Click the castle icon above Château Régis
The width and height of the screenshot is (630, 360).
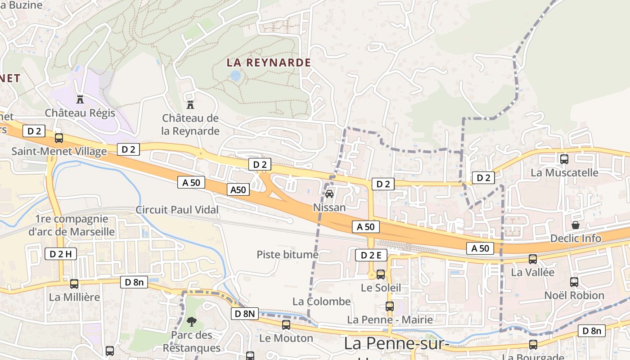[x=80, y=99]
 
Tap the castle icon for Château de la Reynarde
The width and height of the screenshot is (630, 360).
[x=190, y=104]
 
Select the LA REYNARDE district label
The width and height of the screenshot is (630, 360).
[x=269, y=63]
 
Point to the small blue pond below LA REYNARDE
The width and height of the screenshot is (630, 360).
[x=235, y=76]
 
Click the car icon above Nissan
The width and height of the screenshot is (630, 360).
[x=329, y=194]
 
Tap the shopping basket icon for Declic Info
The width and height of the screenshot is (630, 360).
[x=575, y=225]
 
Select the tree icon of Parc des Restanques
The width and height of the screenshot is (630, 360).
[x=191, y=321]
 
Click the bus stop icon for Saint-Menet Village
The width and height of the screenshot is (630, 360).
[x=59, y=138]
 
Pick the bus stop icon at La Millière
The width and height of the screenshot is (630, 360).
[x=74, y=284]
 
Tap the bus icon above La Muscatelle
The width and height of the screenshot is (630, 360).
[x=564, y=159]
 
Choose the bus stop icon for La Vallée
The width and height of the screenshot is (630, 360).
[x=533, y=259]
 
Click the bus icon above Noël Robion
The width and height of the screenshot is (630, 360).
[x=574, y=282]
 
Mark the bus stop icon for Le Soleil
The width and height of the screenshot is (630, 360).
[x=381, y=274]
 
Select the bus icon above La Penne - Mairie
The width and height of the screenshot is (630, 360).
[x=390, y=306]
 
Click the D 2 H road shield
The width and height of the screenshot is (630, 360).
[x=60, y=254]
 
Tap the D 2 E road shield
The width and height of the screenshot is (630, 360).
[x=371, y=255]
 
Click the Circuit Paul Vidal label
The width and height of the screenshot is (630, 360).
[x=177, y=210]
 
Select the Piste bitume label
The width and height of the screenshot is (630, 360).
[x=288, y=255]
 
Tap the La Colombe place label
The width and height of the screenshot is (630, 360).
[x=321, y=301]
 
